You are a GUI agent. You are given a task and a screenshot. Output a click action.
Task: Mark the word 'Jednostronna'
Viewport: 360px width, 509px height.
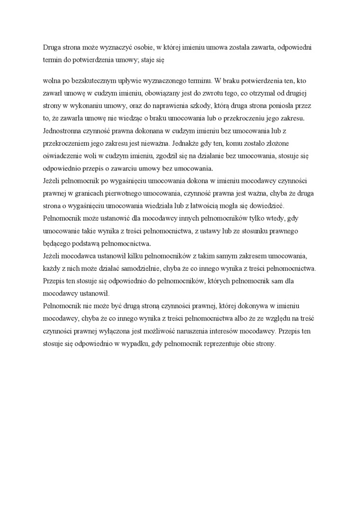(x=63, y=130)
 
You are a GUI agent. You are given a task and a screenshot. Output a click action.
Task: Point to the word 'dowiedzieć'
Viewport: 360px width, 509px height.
(x=281, y=205)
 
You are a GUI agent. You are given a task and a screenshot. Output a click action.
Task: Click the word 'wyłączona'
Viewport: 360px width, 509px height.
(x=117, y=331)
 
